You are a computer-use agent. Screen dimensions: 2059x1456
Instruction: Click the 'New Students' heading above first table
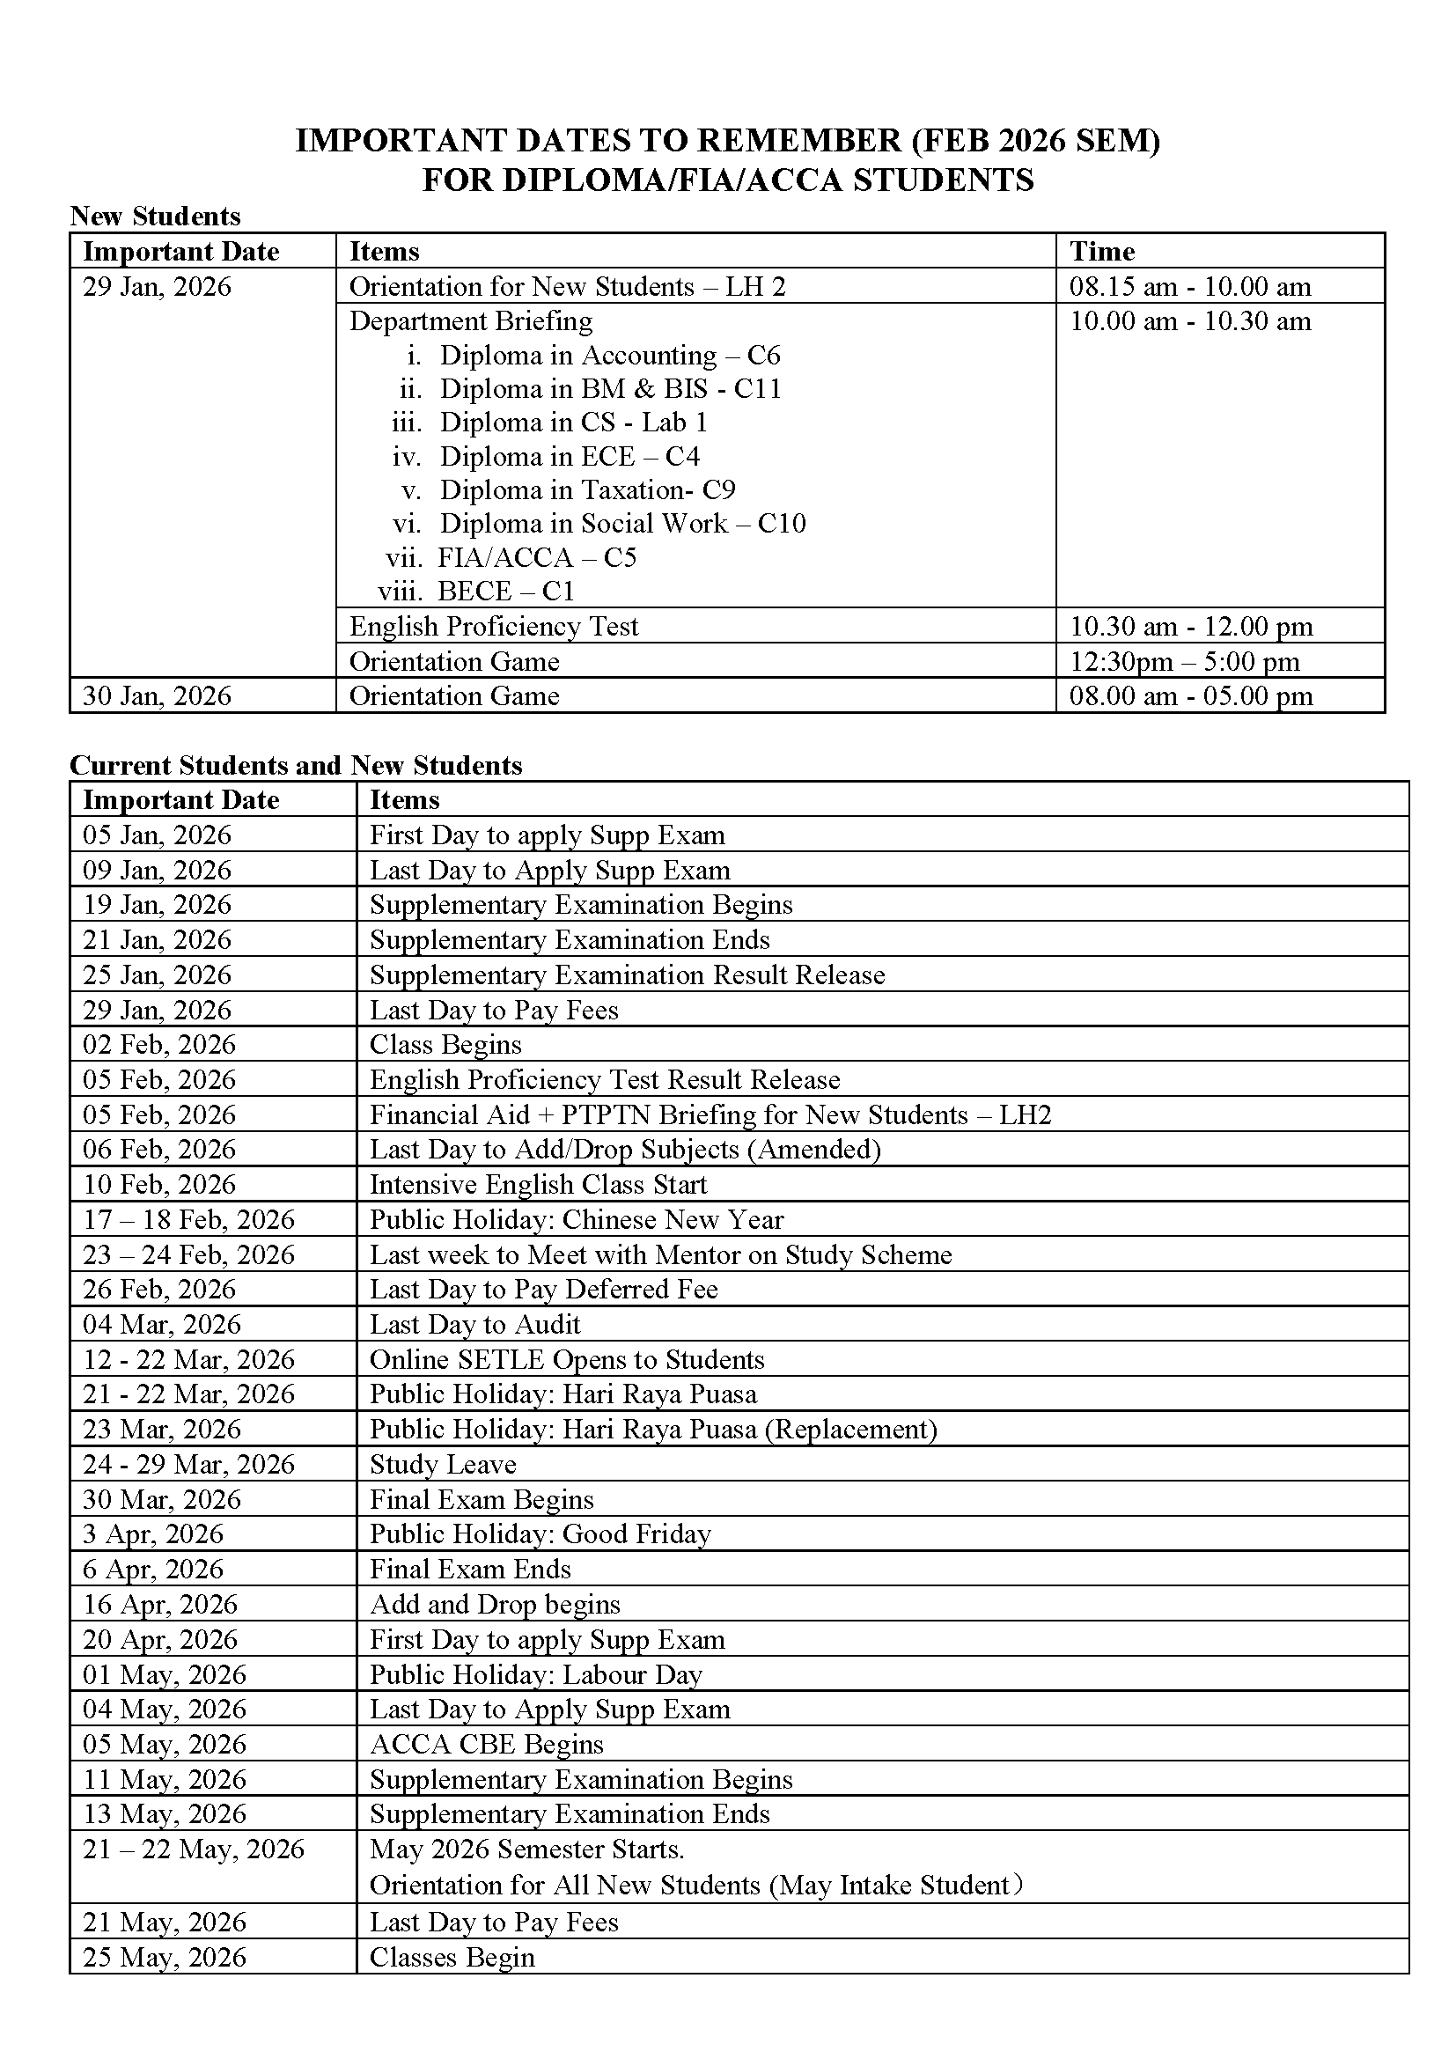[x=155, y=217]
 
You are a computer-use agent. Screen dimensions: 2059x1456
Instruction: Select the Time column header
[x=1102, y=251]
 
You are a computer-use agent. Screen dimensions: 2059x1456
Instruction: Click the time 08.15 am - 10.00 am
[x=1190, y=287]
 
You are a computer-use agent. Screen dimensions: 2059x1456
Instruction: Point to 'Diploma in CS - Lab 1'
[x=573, y=423]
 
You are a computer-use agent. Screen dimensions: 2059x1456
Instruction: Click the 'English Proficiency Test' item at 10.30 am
[x=493, y=626]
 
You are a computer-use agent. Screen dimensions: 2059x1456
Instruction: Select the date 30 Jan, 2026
[x=157, y=696]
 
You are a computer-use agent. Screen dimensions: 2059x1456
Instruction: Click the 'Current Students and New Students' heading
[x=296, y=765]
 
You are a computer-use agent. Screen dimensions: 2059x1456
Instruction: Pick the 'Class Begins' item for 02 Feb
[x=445, y=1045]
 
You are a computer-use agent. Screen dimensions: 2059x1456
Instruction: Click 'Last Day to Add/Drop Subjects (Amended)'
[x=625, y=1150]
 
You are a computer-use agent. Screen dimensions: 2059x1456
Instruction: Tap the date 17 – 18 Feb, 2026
[x=188, y=1219]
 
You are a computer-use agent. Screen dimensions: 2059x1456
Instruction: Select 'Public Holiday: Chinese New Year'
[x=577, y=1219]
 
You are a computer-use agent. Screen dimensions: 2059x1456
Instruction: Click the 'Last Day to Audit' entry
[x=475, y=1325]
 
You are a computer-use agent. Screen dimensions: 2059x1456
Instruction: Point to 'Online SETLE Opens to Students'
[x=567, y=1359]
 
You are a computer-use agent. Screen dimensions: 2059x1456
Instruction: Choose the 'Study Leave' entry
[x=443, y=1465]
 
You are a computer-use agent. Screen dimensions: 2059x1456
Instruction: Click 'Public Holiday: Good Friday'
[x=540, y=1534]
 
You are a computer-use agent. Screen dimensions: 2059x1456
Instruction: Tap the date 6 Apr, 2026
[x=152, y=1570]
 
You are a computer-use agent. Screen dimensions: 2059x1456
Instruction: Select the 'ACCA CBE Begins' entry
[x=487, y=1744]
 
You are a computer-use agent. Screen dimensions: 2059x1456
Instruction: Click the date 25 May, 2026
[x=164, y=1957]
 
